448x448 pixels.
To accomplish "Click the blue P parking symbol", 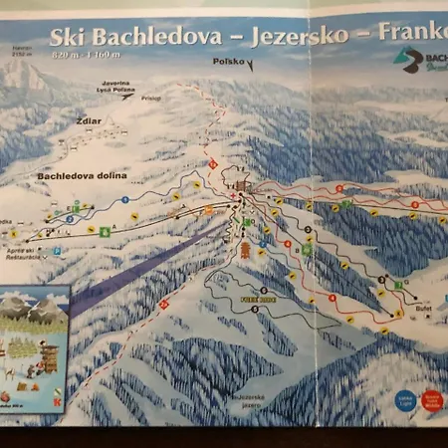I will point(57,251).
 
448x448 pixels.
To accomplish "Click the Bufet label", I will point(397,313).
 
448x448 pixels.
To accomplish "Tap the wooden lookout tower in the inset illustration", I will point(46,354).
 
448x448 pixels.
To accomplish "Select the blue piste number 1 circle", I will point(125,200).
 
